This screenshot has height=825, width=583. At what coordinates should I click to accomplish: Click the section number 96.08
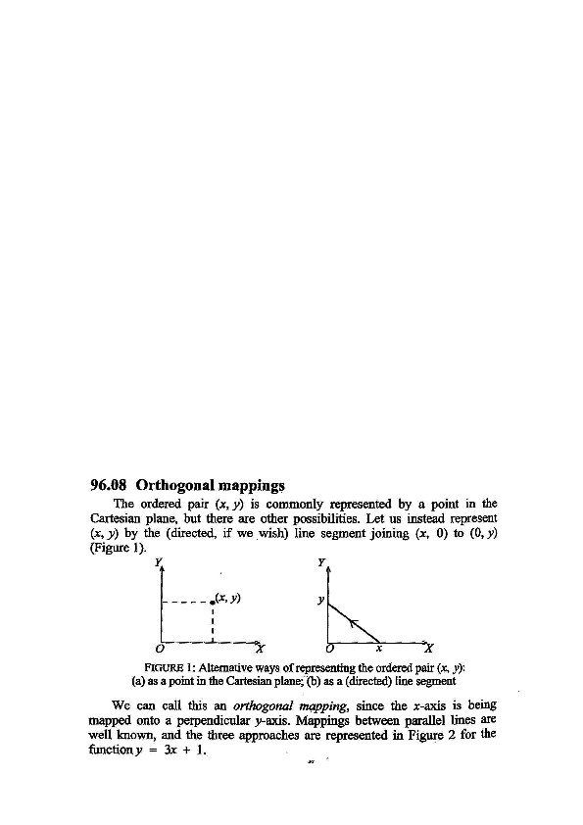pyautogui.click(x=110, y=484)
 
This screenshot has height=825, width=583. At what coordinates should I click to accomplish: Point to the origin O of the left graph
pyautogui.click(x=160, y=648)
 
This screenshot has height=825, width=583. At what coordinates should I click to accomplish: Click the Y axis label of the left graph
pyautogui.click(x=159, y=561)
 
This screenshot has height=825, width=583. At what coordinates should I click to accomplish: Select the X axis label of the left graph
pyautogui.click(x=260, y=647)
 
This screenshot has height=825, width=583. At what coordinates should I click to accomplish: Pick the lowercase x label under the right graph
pyautogui.click(x=379, y=648)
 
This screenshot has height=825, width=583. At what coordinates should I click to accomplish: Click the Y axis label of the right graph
pyautogui.click(x=323, y=561)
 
